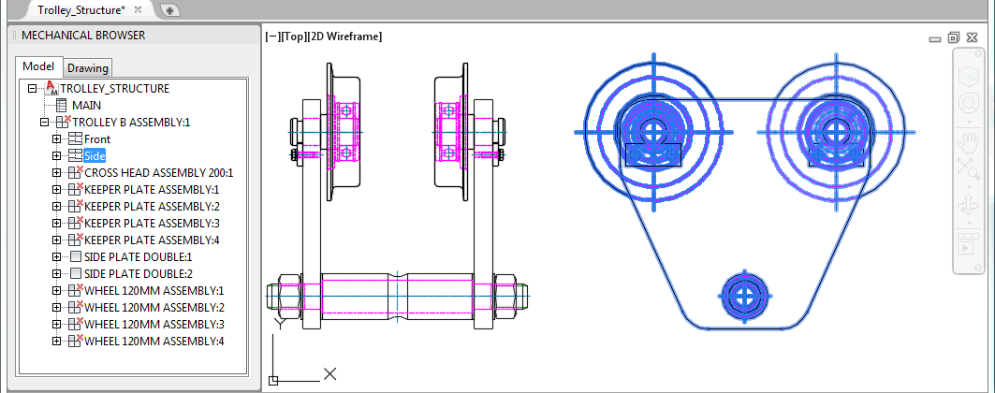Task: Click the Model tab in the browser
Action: click(x=38, y=66)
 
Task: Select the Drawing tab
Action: click(x=88, y=67)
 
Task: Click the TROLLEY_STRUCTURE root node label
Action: click(x=115, y=89)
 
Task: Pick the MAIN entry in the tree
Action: click(x=86, y=105)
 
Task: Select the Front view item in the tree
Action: click(x=97, y=138)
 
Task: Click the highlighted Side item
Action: click(x=95, y=156)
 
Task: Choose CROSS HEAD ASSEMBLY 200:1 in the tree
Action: click(x=158, y=172)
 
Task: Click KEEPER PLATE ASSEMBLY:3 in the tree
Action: click(x=152, y=223)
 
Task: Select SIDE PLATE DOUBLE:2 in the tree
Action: click(x=139, y=274)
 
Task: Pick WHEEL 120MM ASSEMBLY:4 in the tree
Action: click(x=154, y=341)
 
